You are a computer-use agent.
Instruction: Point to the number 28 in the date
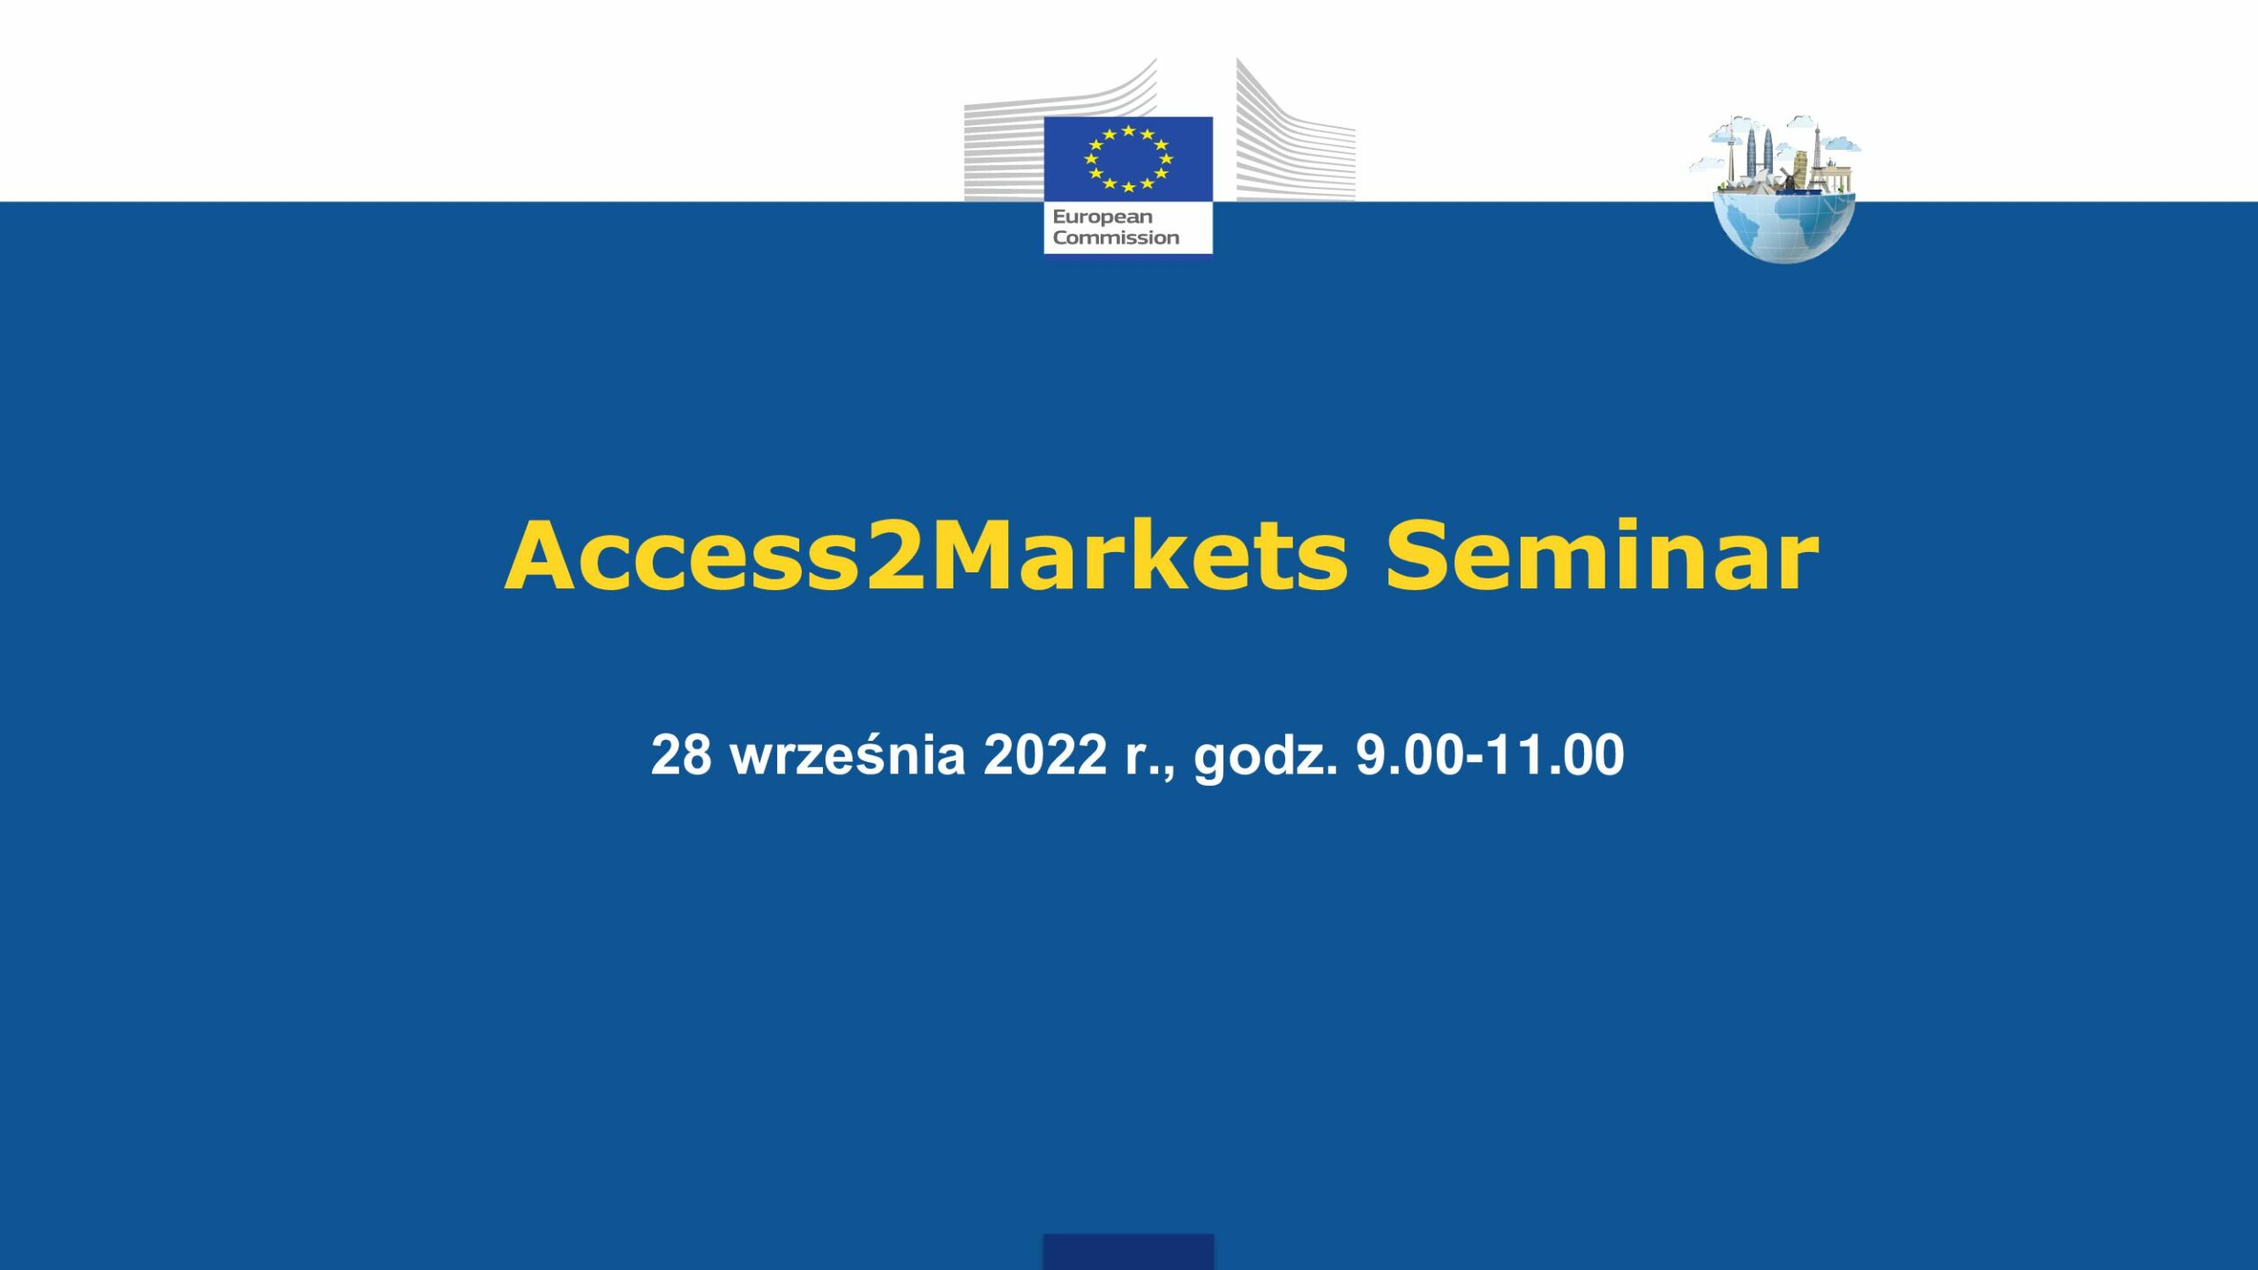(681, 755)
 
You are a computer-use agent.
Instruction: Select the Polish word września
(848, 755)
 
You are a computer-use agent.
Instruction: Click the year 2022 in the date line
(1044, 755)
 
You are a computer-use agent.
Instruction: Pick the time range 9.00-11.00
(1490, 755)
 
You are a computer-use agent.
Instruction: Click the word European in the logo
(1103, 217)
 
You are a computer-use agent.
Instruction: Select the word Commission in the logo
(1116, 237)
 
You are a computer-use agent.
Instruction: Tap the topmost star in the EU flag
(1128, 131)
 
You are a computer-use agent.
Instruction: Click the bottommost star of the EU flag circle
(1128, 186)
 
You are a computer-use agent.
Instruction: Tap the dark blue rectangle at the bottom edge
(1128, 1251)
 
